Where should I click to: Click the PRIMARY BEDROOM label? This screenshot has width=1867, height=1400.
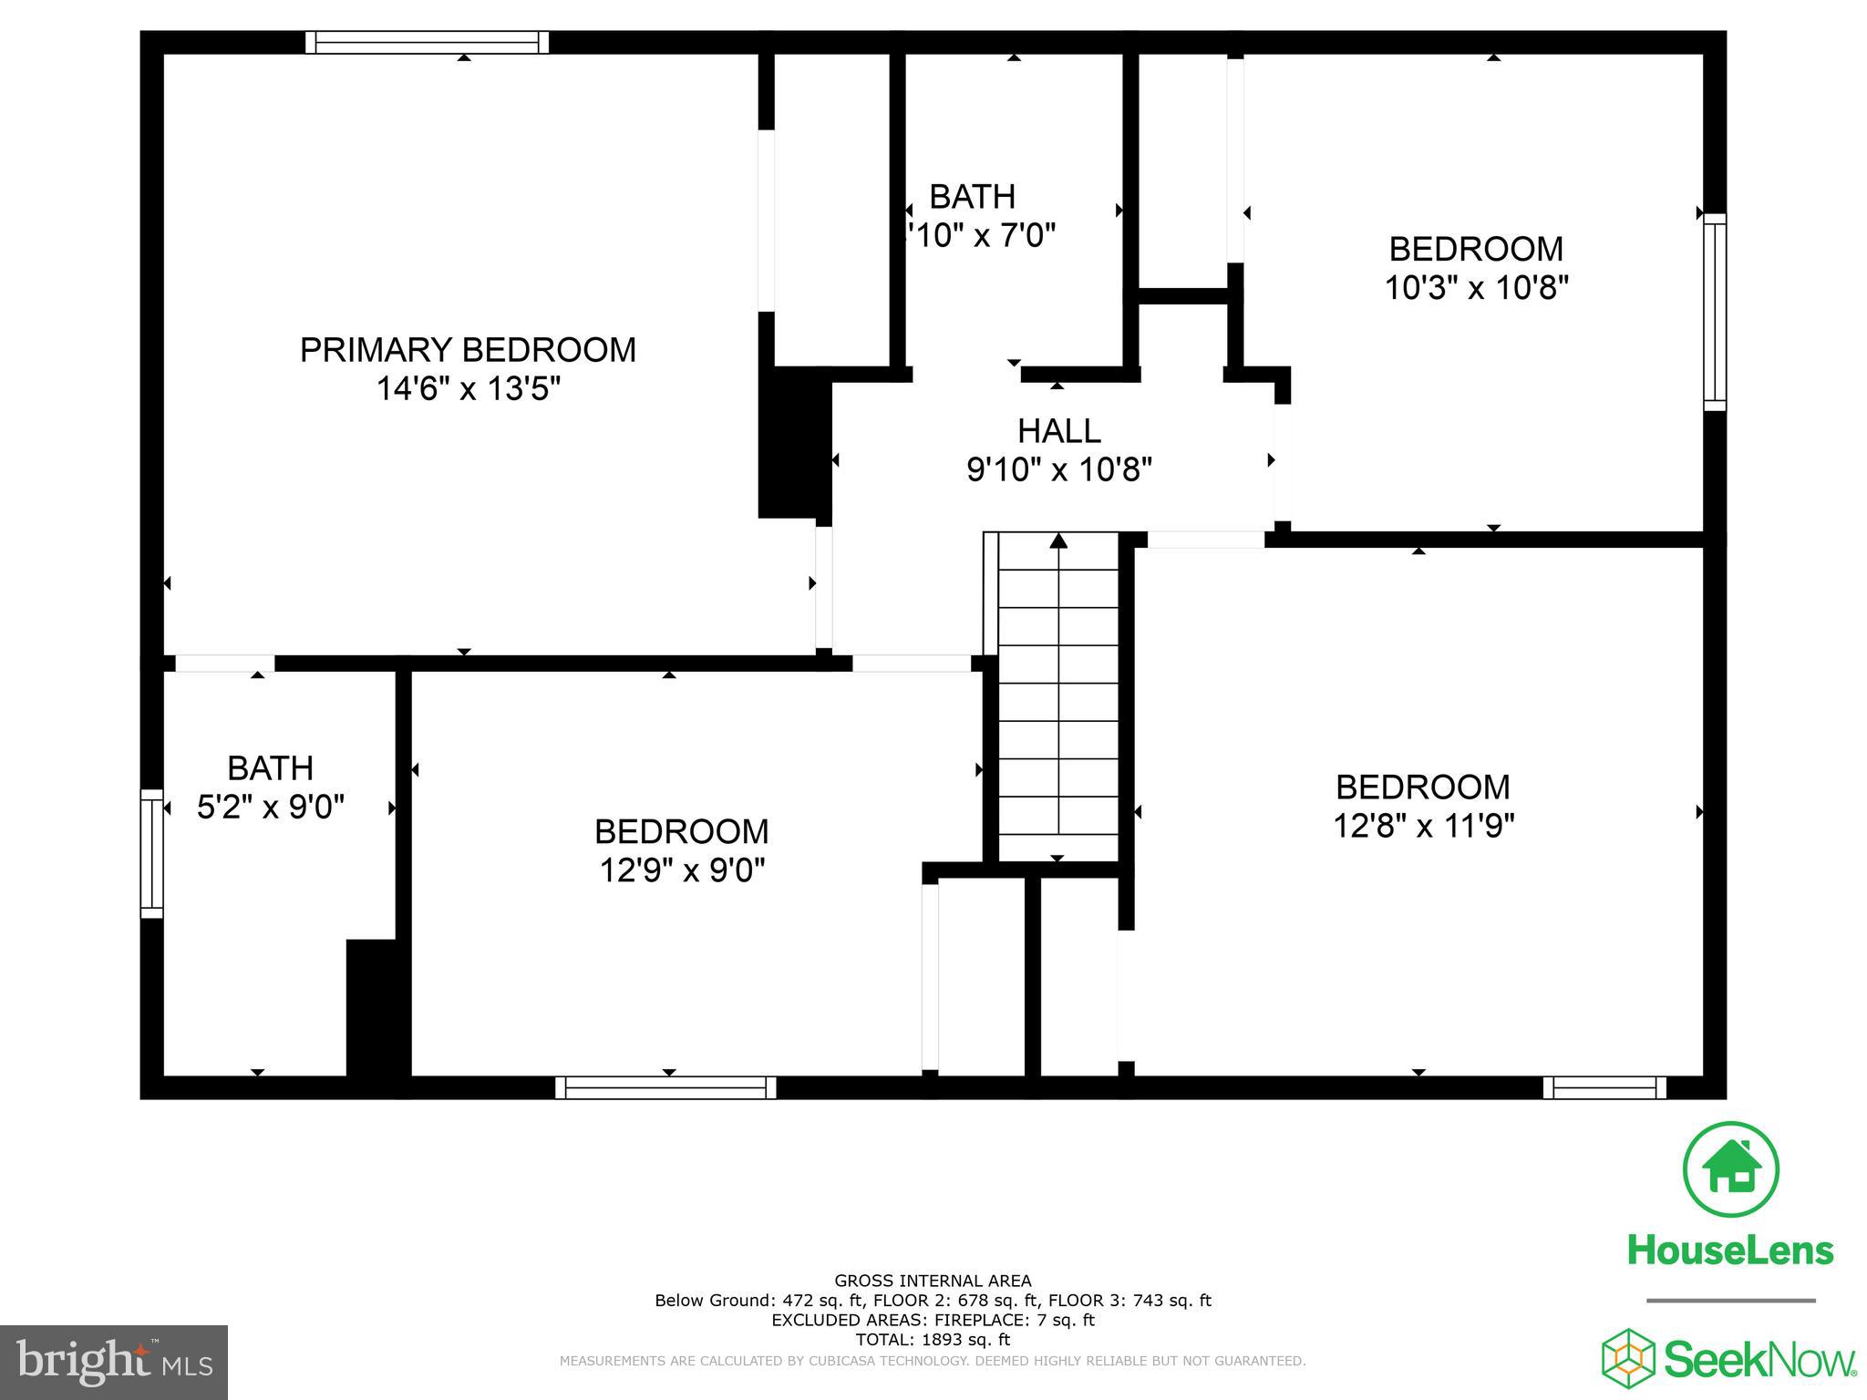[468, 350]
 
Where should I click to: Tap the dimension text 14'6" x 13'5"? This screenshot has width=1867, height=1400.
[468, 389]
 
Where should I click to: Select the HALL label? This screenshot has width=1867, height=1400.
[1058, 430]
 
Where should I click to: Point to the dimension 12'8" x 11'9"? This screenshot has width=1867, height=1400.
[1423, 826]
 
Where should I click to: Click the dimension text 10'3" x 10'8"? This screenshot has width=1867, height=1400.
[1476, 288]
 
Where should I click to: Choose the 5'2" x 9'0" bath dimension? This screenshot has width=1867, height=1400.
[271, 807]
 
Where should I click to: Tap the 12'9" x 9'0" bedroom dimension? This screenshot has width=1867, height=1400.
[681, 870]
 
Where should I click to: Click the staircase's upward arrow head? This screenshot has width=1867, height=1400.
[1057, 540]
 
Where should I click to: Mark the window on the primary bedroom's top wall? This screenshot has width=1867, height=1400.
[427, 42]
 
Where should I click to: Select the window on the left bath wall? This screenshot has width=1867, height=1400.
[151, 853]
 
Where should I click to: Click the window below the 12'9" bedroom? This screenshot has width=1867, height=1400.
[665, 1087]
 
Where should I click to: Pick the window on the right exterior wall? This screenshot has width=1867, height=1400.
[1715, 312]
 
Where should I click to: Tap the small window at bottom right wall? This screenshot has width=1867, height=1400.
[1604, 1087]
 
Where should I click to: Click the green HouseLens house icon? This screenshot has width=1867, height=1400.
[1729, 1169]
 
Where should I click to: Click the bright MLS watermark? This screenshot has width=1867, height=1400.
[114, 1363]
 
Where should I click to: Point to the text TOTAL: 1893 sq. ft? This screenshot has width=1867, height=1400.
[933, 1340]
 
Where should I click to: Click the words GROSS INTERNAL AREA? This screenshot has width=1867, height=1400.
[933, 1281]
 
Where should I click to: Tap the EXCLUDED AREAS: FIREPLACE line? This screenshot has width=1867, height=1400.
[933, 1320]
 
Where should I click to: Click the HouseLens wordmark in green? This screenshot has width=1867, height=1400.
[1729, 1250]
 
